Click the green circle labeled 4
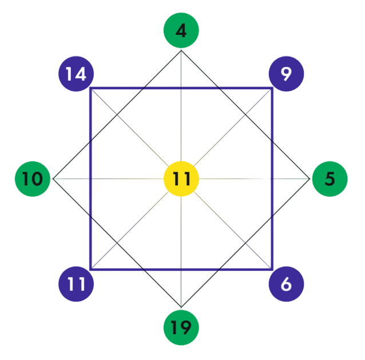tap(181, 30)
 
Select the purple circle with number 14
tap(76, 73)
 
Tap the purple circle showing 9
tap(286, 73)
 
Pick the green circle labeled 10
tap(33, 179)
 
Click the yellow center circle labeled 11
tap(181, 179)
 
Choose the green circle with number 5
tap(330, 179)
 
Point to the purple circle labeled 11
tap(76, 284)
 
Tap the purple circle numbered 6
tap(286, 284)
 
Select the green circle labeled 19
tap(181, 328)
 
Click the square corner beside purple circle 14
tap(90, 88)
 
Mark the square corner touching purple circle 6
tap(272, 268)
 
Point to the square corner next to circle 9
tap(272, 88)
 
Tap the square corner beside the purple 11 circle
tap(90, 268)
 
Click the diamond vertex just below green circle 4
tap(181, 50)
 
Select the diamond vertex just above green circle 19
tap(181, 307)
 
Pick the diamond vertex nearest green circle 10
tap(53, 179)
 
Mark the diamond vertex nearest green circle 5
tap(310, 179)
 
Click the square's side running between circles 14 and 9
tap(181, 88)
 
